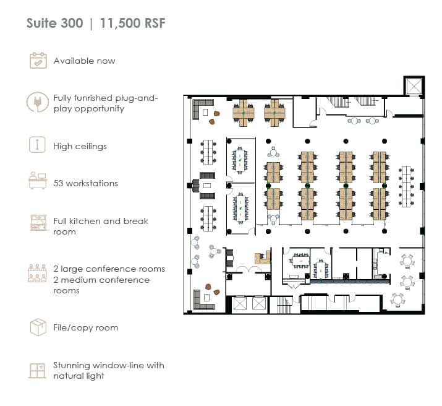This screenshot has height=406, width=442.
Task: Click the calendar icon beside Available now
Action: (x=38, y=60)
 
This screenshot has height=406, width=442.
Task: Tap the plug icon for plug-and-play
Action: (x=38, y=102)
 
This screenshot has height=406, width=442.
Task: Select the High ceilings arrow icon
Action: (x=37, y=144)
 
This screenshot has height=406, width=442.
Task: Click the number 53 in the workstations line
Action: (x=58, y=183)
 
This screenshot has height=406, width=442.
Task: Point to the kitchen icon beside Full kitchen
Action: (x=38, y=223)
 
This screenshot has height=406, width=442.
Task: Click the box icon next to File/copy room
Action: (x=38, y=327)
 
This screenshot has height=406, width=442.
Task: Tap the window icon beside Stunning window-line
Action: (x=38, y=371)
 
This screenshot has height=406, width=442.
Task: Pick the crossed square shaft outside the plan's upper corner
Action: (x=414, y=86)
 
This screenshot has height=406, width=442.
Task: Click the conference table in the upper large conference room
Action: (x=240, y=160)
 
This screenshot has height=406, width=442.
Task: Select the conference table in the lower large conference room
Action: (x=240, y=209)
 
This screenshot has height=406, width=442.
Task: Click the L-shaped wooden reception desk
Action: (x=263, y=257)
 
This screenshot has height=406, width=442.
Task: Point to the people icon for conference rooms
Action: (x=37, y=273)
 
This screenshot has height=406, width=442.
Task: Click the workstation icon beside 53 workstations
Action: (x=38, y=180)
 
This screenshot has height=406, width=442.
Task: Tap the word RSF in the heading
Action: (x=155, y=23)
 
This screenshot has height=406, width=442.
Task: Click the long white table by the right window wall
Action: (x=406, y=186)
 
